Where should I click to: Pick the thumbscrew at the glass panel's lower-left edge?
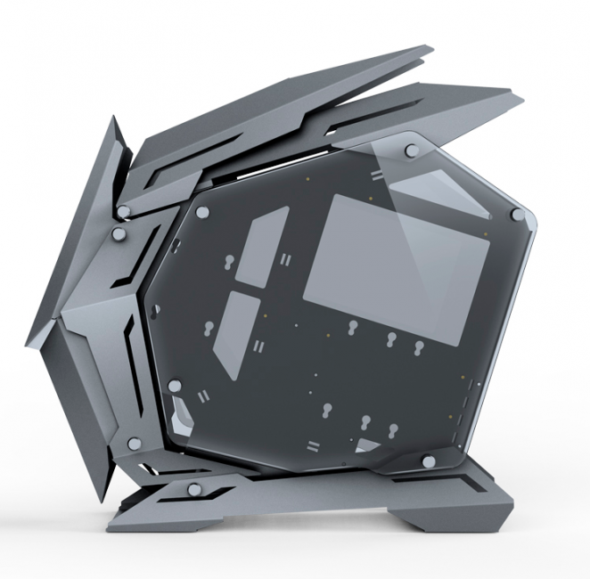pyautogui.click(x=175, y=386)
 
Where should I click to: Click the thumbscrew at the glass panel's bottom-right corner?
pyautogui.click(x=429, y=461)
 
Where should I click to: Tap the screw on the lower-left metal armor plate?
pyautogui.click(x=135, y=442)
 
